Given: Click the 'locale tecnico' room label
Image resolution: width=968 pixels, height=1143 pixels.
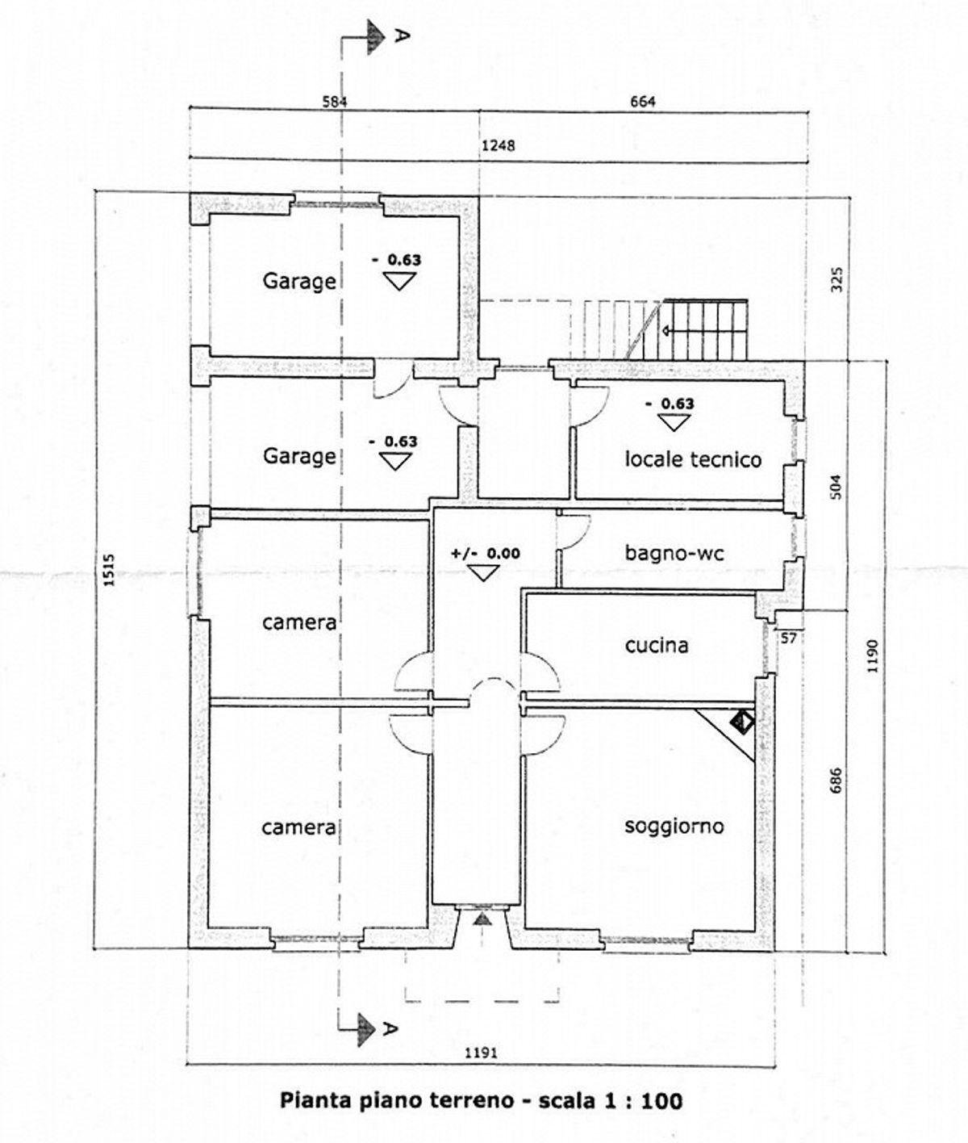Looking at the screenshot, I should tap(693, 459).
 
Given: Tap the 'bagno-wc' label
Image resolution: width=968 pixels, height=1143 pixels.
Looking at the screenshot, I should tap(674, 553).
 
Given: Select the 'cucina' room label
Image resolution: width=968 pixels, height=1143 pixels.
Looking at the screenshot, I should tap(657, 645).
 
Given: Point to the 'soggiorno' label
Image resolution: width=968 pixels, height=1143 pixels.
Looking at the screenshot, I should tap(674, 826).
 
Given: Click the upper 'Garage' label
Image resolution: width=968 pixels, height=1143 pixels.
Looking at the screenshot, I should tap(298, 282).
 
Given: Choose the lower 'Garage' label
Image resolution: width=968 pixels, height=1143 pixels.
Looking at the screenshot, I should tap(298, 456).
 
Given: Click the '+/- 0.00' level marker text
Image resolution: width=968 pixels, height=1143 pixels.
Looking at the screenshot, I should tap(486, 554).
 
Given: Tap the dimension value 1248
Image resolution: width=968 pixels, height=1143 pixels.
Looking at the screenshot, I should tap(498, 146).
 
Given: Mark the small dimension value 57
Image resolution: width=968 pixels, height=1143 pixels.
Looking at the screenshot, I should tap(790, 638).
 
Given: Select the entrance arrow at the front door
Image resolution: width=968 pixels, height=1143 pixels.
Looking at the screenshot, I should tap(482, 919).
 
